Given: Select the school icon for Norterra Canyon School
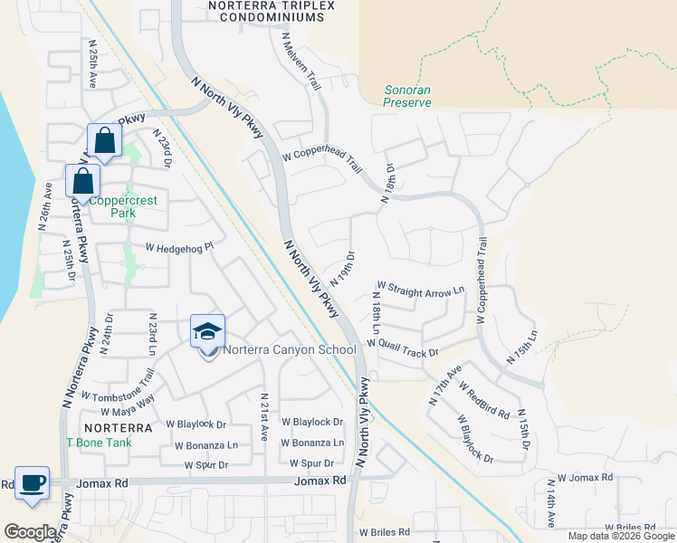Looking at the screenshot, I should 207,332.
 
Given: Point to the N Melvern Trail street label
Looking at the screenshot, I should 302,61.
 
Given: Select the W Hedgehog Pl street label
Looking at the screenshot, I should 178,246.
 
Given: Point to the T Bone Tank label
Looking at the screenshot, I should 100,443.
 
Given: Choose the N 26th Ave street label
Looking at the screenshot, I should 43,207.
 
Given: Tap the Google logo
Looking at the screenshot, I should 31,532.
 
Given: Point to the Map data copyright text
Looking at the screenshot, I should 619,536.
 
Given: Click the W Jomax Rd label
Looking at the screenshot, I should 585,477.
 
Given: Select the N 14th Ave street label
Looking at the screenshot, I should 550,510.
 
